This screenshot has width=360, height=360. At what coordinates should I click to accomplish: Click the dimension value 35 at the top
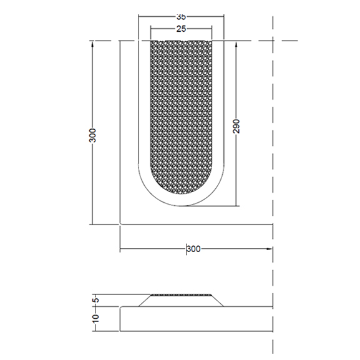(x=181, y=17)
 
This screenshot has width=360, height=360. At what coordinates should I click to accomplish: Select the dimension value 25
(x=181, y=29)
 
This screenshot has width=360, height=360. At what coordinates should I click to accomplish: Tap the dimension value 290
(x=236, y=126)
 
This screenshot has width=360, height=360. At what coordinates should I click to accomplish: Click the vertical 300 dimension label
(x=93, y=135)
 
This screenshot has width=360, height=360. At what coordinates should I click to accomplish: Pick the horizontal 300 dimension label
(x=193, y=249)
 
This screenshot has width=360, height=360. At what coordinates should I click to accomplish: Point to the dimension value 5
(x=97, y=300)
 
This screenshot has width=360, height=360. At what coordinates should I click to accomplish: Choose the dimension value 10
(x=95, y=318)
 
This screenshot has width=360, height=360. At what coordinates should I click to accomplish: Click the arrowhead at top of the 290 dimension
(x=236, y=44)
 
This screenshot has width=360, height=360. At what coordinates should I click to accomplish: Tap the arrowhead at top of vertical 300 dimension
(x=92, y=44)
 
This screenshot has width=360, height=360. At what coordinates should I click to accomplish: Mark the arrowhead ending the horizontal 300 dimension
(x=269, y=249)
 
